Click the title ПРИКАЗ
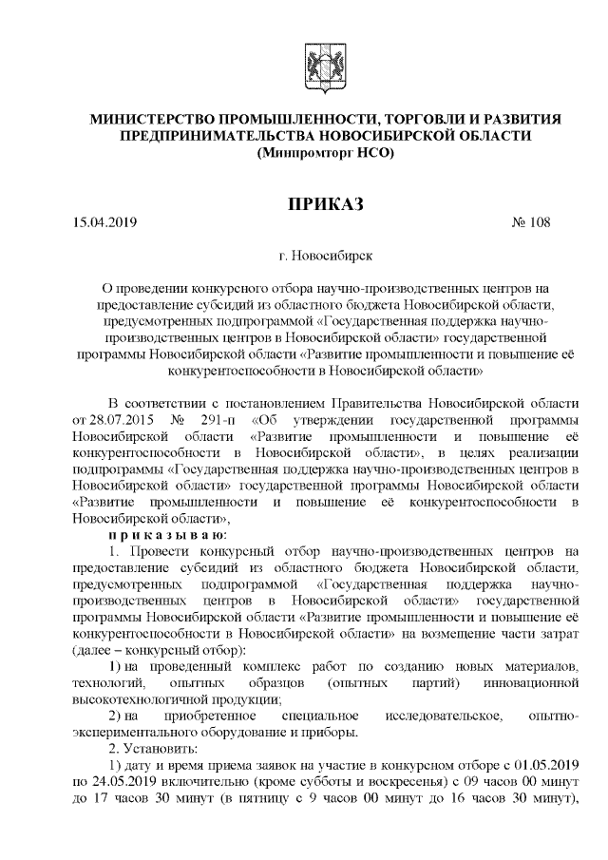coord(326,205)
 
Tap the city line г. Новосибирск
coord(326,256)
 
